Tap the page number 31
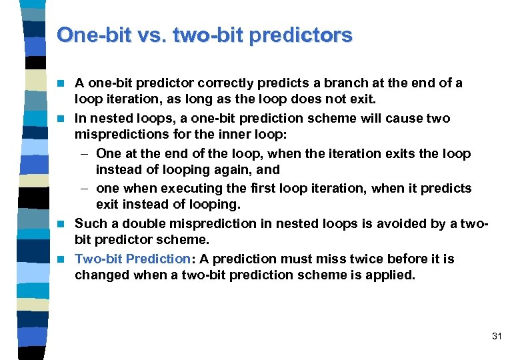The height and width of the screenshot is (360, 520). click(x=496, y=336)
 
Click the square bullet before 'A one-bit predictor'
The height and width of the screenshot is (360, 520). click(x=65, y=84)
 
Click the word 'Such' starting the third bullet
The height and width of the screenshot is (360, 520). click(x=89, y=223)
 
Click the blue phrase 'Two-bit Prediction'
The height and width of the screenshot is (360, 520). click(x=133, y=259)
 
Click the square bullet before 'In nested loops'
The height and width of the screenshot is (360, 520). click(x=65, y=119)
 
